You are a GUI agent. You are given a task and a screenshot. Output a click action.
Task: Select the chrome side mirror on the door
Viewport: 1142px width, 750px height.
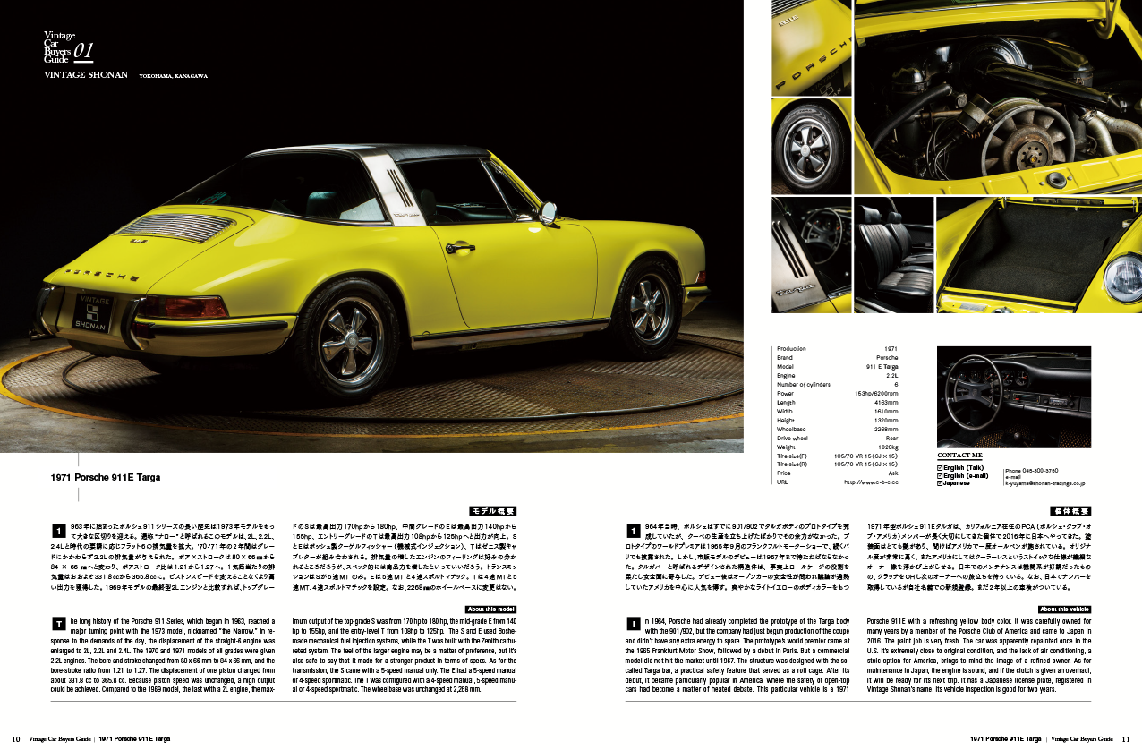pos(548,213)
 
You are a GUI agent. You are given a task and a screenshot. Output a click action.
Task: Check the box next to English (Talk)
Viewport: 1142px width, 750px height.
pos(940,468)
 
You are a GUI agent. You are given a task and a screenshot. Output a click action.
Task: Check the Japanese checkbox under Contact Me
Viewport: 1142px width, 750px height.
pos(940,483)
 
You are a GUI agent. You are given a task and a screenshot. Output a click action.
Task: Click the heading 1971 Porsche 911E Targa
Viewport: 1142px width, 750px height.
pos(107,478)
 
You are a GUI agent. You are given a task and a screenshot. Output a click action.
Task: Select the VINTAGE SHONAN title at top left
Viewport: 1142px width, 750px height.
pos(86,76)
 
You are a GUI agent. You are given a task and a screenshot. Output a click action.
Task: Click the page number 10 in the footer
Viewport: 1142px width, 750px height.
pos(16,739)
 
